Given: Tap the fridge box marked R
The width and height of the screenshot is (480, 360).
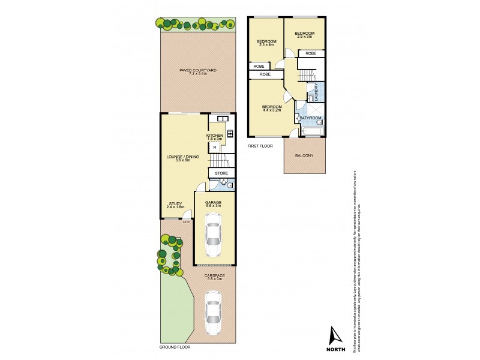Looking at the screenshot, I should [215, 146].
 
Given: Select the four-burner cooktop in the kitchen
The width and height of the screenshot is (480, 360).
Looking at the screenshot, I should [229, 134].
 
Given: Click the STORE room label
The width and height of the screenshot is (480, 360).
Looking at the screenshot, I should [221, 174].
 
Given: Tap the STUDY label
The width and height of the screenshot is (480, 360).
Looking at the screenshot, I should [175, 205].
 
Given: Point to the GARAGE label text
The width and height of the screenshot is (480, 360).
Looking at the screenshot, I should [214, 203].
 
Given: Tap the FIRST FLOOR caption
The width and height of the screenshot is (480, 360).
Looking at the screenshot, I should [260, 146].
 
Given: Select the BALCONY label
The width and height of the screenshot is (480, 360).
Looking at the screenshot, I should [304, 156].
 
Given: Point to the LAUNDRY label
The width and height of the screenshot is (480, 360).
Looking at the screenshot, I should [316, 92].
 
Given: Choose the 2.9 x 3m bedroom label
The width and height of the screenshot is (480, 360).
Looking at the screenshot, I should [305, 35].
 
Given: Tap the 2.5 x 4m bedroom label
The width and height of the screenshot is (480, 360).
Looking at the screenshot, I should [266, 43].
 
